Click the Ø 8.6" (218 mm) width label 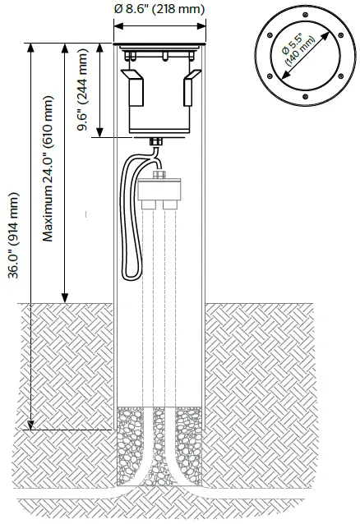(159, 9)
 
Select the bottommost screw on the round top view (303, 101)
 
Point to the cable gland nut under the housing (158, 145)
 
